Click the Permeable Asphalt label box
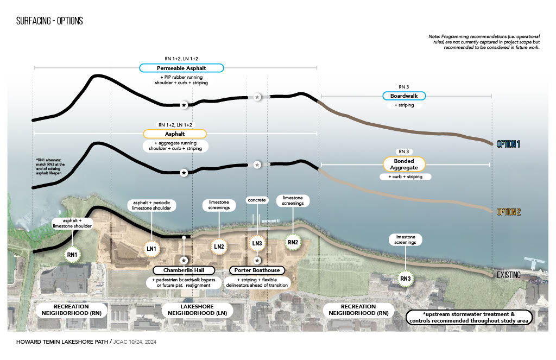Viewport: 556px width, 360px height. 181,68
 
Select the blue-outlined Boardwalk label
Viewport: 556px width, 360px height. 403,96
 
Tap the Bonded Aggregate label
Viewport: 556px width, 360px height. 403,164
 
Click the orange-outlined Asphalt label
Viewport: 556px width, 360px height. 175,134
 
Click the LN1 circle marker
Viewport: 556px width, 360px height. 151,248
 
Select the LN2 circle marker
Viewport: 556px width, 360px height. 219,246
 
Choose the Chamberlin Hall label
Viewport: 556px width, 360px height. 184,270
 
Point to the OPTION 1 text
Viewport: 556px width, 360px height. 508,144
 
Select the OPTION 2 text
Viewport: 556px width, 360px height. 508,212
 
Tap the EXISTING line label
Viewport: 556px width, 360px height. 509,275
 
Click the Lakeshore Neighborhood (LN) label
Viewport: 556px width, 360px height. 198,310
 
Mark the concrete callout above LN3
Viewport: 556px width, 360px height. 257,200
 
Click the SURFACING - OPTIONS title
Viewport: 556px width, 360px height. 49,21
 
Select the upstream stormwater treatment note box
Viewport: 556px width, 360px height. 470,318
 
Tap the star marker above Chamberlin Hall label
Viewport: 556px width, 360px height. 185,260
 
